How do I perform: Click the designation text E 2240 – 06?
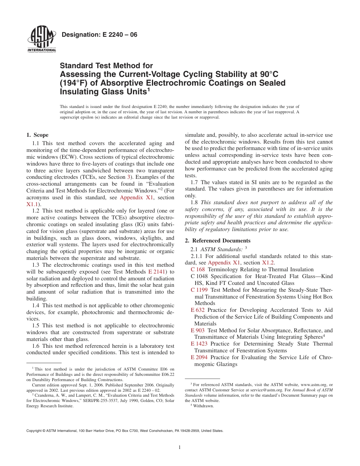pos(99,35)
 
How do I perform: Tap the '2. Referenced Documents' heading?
pos(218,241)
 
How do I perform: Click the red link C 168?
pos(198,269)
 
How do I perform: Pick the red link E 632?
pos(198,310)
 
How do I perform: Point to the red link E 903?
pos(198,330)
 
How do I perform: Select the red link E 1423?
pos(199,344)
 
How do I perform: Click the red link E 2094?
pos(199,357)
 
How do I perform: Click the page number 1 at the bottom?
pos(180,447)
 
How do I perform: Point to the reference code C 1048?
pos(200,276)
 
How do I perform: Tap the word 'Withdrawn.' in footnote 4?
pos(203,406)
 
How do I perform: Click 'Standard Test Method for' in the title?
pos(106,66)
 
